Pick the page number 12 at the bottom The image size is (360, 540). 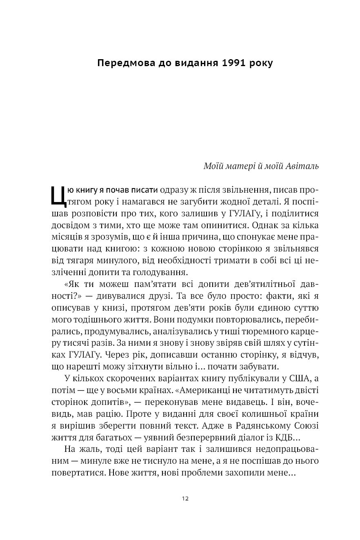click(x=185, y=498)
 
